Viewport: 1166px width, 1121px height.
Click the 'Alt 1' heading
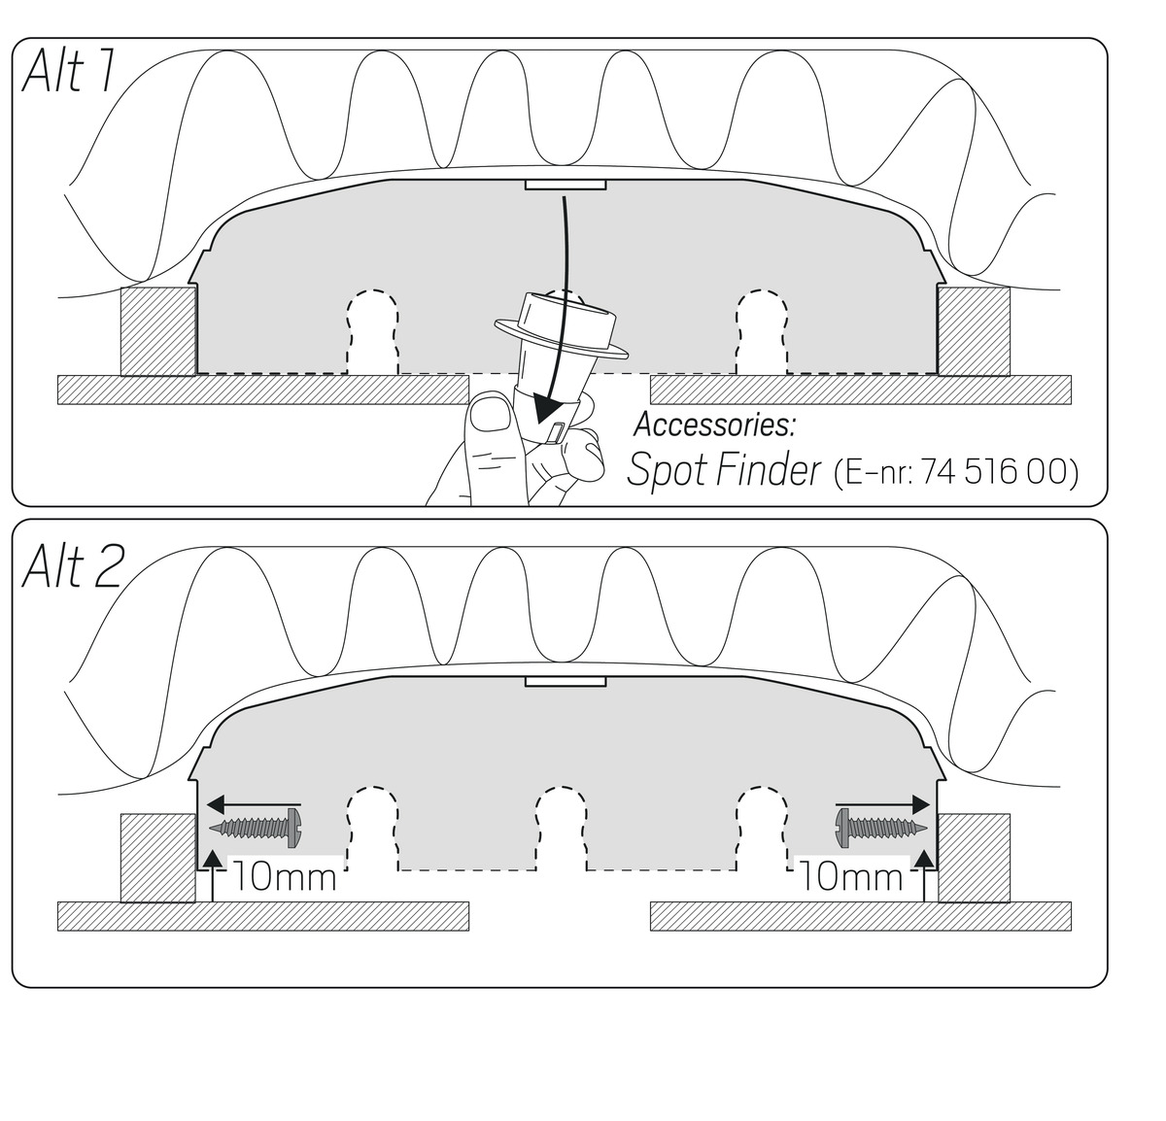point(67,71)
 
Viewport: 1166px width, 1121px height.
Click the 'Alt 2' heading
point(73,566)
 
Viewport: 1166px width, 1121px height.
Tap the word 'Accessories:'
point(714,425)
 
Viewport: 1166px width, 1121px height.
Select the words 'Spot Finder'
point(723,470)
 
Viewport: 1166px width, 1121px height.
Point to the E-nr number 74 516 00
point(994,471)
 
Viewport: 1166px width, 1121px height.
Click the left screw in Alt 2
point(255,828)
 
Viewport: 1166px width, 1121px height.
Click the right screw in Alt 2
point(880,828)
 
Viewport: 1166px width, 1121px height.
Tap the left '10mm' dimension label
point(284,877)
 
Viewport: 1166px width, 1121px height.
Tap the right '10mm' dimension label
point(851,877)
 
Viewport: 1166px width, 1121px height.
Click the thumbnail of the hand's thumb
point(491,415)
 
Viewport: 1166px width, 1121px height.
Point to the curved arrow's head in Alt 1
point(546,409)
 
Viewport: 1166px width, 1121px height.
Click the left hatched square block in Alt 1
point(158,331)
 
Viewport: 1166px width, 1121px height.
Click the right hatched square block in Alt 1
point(974,331)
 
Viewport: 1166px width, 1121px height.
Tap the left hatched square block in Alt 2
point(158,858)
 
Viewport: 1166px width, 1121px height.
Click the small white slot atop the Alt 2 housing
point(566,681)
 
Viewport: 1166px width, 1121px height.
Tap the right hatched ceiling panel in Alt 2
point(861,917)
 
